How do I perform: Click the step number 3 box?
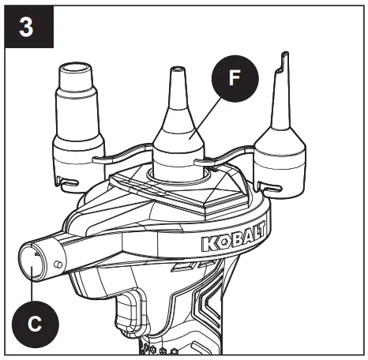(x=29, y=27)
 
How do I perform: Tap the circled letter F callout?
(x=235, y=78)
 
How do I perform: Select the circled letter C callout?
(x=36, y=324)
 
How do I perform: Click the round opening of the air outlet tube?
(x=32, y=261)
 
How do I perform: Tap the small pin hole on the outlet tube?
(x=58, y=264)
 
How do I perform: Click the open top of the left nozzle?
(x=75, y=68)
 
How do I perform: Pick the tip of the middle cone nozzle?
(x=178, y=69)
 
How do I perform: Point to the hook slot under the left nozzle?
(x=69, y=183)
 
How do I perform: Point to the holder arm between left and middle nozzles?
(x=122, y=154)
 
